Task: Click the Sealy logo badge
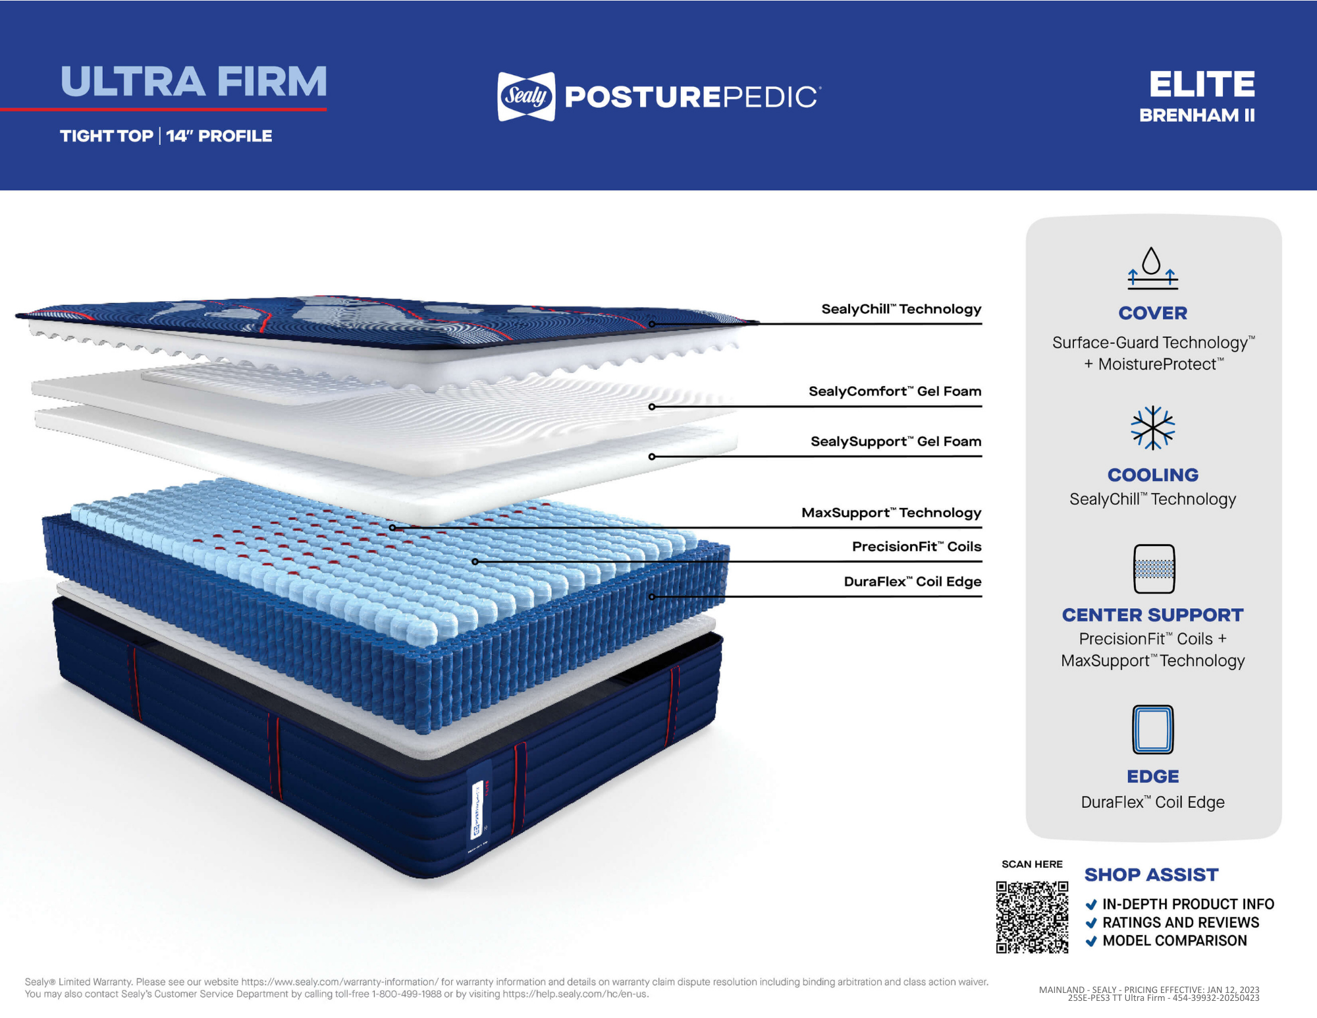coord(526,96)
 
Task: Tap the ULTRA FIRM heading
coord(194,82)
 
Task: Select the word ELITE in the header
coord(1202,84)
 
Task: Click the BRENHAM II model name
coord(1196,115)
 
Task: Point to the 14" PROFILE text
coord(219,136)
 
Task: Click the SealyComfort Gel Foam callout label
coord(894,391)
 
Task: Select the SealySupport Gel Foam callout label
coord(896,441)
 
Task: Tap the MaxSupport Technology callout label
coord(891,513)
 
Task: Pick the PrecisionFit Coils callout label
coord(916,546)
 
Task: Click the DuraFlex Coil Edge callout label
coord(912,581)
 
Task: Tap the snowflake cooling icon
coord(1152,428)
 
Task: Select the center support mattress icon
coord(1154,569)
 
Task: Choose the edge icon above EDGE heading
coord(1152,729)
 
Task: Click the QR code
coord(1032,917)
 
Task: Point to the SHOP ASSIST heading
coord(1151,874)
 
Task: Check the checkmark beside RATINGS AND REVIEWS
coord(1091,922)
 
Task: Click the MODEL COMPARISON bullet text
coord(1174,940)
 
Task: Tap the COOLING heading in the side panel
coord(1152,474)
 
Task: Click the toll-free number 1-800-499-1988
coord(406,994)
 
